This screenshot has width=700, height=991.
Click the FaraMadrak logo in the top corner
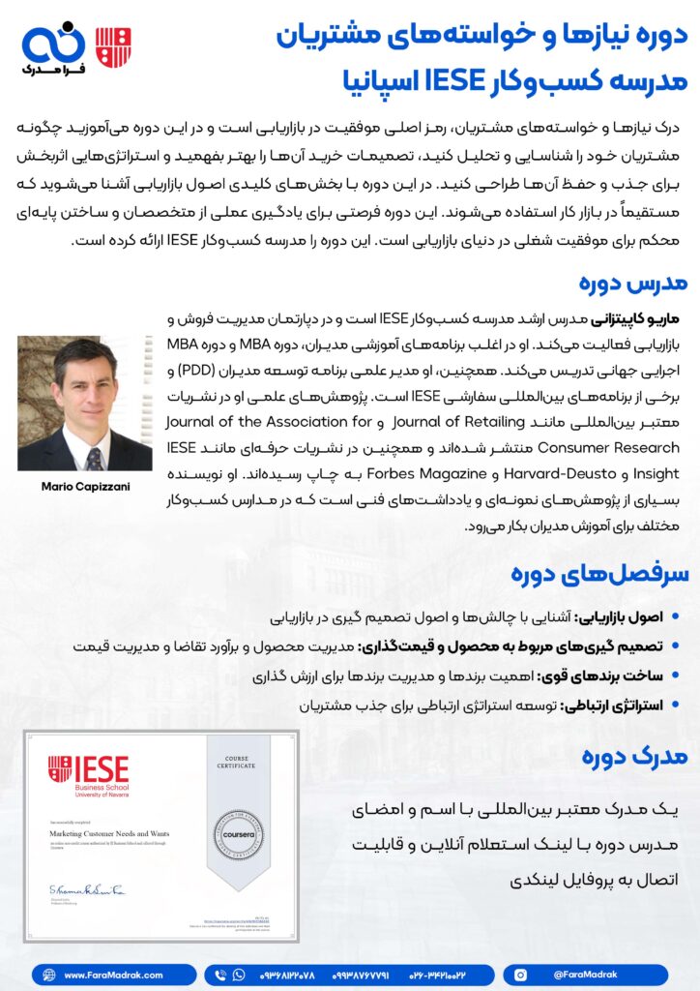click(x=53, y=49)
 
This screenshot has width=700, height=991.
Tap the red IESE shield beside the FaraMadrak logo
click(x=113, y=45)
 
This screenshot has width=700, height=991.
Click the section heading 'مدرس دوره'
click(x=633, y=283)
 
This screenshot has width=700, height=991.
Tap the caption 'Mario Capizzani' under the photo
click(x=85, y=486)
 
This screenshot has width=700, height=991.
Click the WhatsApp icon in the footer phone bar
click(x=221, y=976)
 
